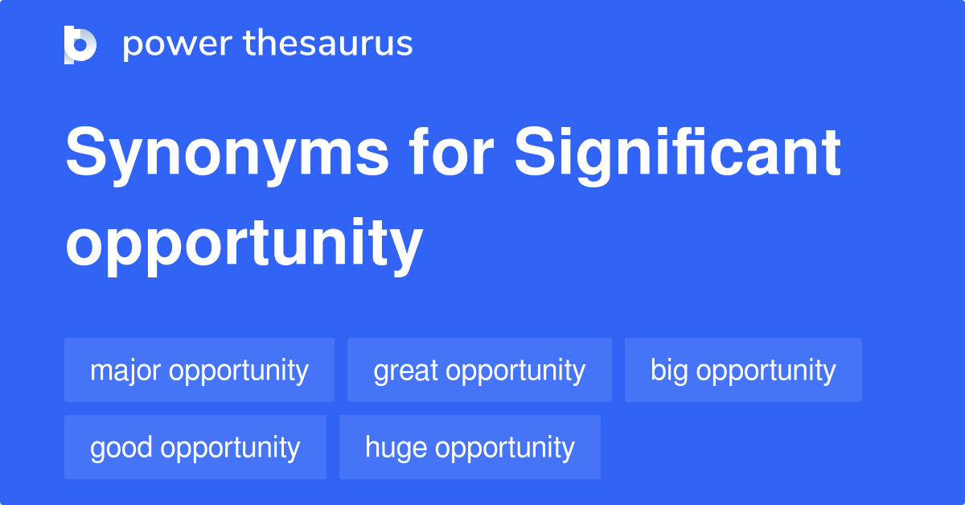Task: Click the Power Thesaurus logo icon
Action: click(80, 44)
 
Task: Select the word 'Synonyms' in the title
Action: click(227, 154)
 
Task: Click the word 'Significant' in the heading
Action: click(678, 154)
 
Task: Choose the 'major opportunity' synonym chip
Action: click(199, 371)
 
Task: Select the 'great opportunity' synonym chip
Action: click(479, 371)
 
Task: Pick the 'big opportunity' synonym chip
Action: click(743, 371)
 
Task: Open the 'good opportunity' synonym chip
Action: click(195, 448)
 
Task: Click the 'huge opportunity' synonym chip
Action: click(470, 448)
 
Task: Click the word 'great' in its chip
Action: click(406, 371)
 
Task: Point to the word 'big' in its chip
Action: click(669, 371)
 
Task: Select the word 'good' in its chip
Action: click(121, 448)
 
